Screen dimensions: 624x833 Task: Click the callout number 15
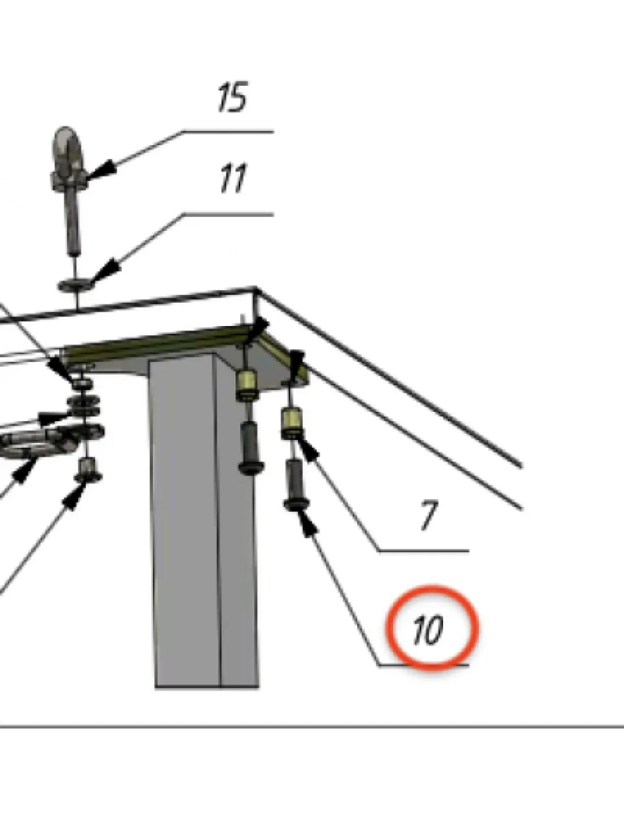pos(232,97)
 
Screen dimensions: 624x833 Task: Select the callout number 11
pos(233,178)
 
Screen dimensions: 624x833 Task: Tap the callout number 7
pos(429,515)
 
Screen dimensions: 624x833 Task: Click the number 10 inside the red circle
pos(428,630)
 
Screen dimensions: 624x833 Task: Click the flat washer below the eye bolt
pos(77,285)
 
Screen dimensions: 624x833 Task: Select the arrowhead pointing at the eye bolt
pos(101,170)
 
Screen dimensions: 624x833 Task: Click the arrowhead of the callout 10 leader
pos(307,523)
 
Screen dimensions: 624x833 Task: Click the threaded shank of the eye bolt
pos(72,222)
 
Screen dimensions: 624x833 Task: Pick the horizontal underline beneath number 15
pos(228,131)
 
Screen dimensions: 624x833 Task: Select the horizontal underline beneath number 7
pos(424,551)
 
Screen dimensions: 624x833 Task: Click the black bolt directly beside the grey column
pos(251,447)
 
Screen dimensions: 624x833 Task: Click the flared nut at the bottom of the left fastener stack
pos(88,470)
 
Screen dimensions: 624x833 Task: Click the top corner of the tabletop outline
pos(256,289)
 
